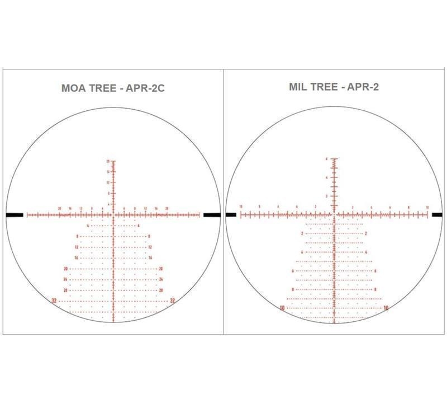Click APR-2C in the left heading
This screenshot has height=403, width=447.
[x=144, y=88]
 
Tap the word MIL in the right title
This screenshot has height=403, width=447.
[x=299, y=87]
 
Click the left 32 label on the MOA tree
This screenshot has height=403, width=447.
[x=54, y=301]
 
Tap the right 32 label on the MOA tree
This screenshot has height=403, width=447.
[x=173, y=301]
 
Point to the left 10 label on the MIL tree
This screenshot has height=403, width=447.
[x=283, y=308]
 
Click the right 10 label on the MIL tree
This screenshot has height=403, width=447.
[x=386, y=308]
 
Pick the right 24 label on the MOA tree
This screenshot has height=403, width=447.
[x=161, y=279]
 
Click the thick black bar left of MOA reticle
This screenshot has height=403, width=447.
[x=15, y=214]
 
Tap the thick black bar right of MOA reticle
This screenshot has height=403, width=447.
[x=212, y=214]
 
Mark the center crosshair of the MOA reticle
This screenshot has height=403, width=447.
[x=113, y=214]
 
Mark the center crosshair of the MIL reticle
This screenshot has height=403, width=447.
[x=334, y=214]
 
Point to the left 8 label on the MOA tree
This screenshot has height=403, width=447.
[x=77, y=236]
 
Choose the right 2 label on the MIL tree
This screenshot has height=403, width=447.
[x=366, y=233]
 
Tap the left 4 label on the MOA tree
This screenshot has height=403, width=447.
[x=88, y=226]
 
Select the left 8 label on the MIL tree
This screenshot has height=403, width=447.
[x=293, y=289]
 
